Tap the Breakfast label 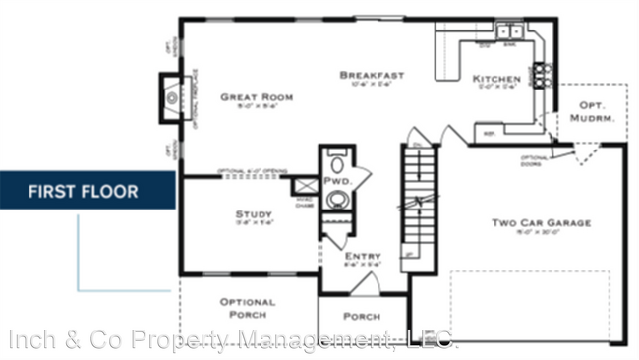(x=372, y=75)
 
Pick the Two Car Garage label (x=542, y=223)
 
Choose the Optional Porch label (x=248, y=308)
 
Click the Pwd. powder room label (x=337, y=182)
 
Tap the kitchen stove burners (x=542, y=75)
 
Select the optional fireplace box (x=174, y=96)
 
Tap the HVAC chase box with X (x=305, y=185)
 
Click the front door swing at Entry (x=364, y=284)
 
